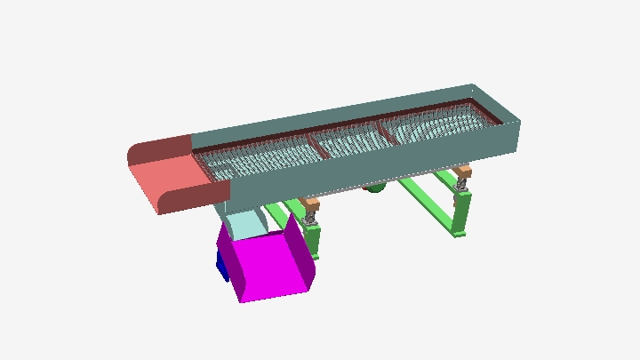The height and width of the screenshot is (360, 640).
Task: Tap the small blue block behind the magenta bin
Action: point(220,263)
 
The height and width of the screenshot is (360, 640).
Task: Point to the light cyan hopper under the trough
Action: point(242,224)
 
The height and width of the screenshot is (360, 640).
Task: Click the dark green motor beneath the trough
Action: point(375,188)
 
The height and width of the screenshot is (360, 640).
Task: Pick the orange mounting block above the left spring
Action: point(310,204)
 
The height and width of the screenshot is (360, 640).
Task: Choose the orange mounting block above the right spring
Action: point(461,172)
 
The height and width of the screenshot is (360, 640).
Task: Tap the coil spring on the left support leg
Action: point(311,217)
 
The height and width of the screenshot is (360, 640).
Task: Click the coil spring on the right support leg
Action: point(462,185)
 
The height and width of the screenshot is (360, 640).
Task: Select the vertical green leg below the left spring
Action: point(313,240)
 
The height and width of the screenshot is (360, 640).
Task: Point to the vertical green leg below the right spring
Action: point(460,213)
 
